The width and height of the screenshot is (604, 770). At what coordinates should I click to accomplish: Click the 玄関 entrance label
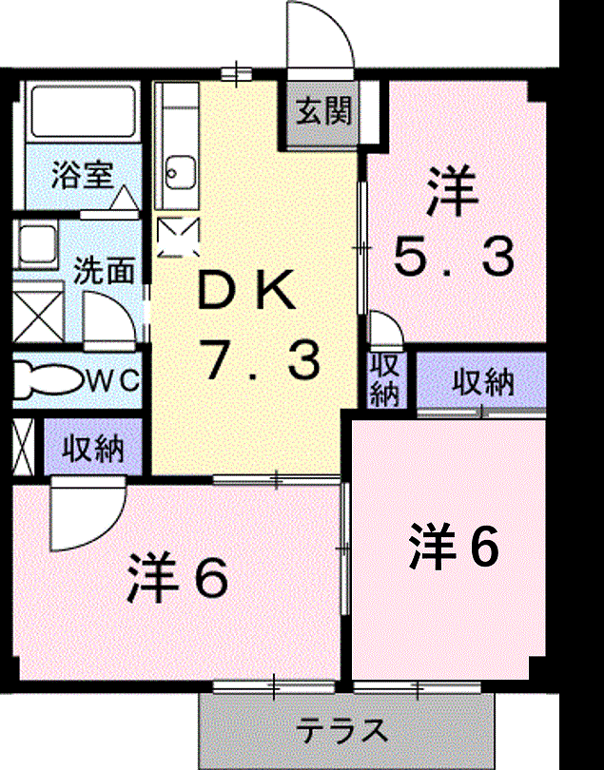324,111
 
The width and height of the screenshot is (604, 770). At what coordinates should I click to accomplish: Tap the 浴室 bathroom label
83,174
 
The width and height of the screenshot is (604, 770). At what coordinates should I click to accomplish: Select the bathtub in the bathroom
83,112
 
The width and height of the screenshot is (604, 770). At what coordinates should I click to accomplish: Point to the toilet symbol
46,379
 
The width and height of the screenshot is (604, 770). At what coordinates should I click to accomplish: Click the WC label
113,380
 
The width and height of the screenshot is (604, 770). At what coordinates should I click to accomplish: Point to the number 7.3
263,362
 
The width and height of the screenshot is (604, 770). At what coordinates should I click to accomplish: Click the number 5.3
454,257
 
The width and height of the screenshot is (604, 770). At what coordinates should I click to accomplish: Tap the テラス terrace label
342,731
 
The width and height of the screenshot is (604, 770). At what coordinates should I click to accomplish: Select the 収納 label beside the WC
93,448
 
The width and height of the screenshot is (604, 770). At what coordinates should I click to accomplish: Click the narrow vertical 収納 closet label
385,380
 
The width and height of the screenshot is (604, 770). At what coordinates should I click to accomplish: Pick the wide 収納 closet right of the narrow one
481,381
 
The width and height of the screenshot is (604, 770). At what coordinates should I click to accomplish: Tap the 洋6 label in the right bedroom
454,547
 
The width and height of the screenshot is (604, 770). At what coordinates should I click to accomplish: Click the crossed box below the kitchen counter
179,238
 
